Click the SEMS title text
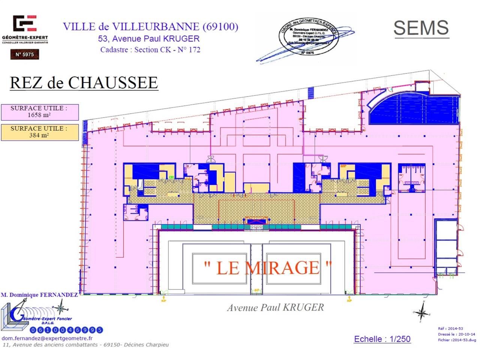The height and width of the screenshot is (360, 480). [x=421, y=28]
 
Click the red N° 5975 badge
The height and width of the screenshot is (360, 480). [x=24, y=54]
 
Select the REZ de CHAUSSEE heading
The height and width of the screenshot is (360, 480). [x=84, y=83]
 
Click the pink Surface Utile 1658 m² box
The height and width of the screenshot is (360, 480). [x=39, y=112]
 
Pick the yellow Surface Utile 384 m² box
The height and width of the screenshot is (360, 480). [x=39, y=132]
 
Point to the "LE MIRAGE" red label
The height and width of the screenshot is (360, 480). [x=268, y=267]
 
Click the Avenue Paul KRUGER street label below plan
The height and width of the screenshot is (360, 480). [x=275, y=307]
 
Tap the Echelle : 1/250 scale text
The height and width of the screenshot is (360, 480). [x=382, y=339]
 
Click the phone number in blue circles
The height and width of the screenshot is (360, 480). [x=66, y=330]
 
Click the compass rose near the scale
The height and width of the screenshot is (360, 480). [x=422, y=312]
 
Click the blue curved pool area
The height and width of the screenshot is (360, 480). [x=412, y=109]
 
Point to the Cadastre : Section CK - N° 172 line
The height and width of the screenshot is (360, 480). [x=150, y=50]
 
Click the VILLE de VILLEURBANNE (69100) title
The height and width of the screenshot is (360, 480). [x=150, y=27]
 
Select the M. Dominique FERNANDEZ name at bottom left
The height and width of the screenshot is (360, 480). [x=39, y=295]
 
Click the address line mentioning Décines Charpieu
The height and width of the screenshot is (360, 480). [x=85, y=345]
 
